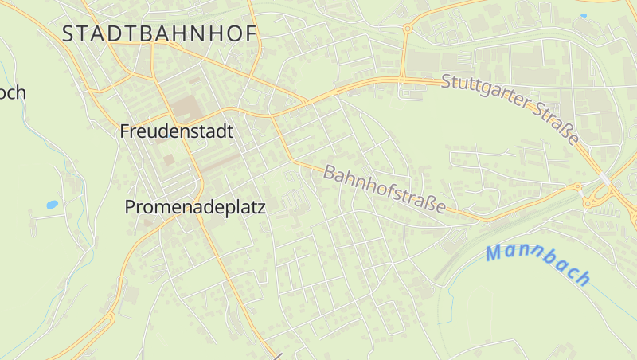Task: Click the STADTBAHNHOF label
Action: [159, 33]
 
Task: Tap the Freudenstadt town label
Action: [177, 131]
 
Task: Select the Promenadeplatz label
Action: [195, 207]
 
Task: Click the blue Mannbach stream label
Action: [538, 264]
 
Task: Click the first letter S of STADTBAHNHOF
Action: [68, 33]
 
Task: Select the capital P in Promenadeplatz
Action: [131, 207]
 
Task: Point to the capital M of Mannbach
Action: [494, 253]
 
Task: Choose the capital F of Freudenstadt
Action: [125, 131]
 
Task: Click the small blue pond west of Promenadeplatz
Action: [52, 205]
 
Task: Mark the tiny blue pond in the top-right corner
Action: [584, 15]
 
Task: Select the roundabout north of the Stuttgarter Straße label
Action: [407, 29]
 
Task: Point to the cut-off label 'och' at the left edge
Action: [12, 93]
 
